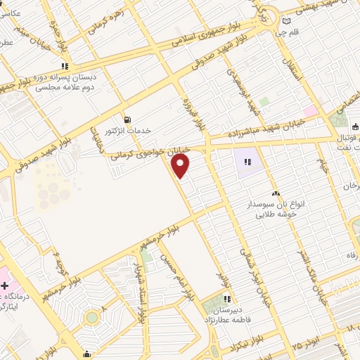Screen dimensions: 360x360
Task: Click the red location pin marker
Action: click(181, 166)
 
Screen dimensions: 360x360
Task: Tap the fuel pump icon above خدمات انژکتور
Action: click(127, 119)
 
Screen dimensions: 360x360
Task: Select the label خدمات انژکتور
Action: click(128, 131)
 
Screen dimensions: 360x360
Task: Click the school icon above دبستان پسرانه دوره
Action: click(85, 65)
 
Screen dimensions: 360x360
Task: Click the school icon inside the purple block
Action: click(247, 162)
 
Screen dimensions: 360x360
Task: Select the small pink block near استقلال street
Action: click(310, 111)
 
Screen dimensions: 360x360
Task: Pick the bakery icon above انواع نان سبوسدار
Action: click(275, 192)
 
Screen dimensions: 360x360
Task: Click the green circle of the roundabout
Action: click(91, 318)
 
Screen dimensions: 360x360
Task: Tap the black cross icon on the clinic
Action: click(6, 285)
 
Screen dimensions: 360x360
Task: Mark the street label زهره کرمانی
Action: click(103, 20)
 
